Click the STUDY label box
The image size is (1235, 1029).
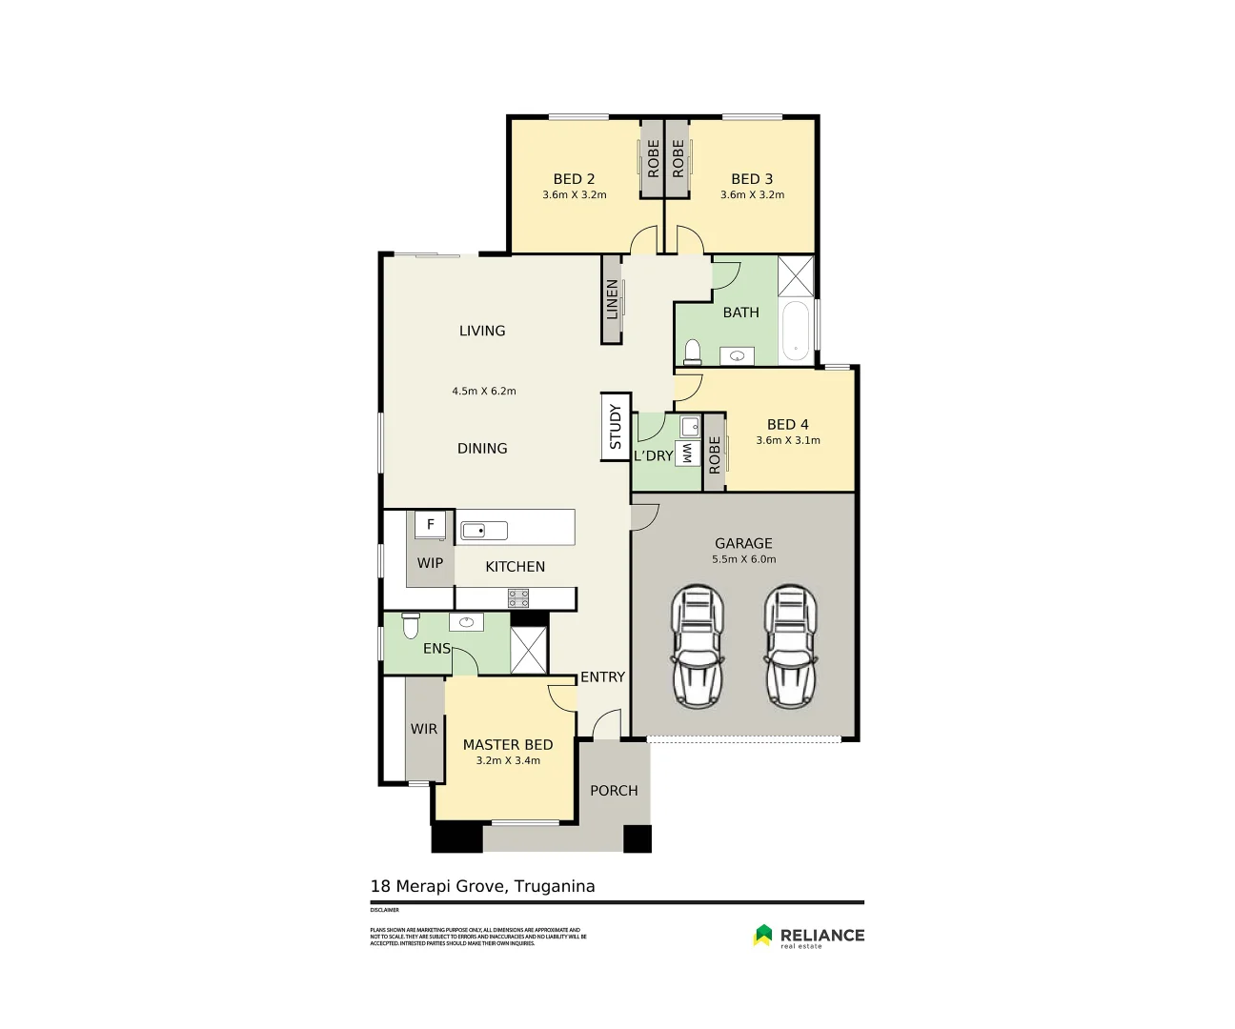pyautogui.click(x=615, y=427)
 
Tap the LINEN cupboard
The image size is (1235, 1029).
pyautogui.click(x=612, y=299)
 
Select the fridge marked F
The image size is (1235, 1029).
pyautogui.click(x=430, y=525)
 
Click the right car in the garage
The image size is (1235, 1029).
pyautogui.click(x=790, y=647)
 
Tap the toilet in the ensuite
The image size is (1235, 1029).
pyautogui.click(x=410, y=626)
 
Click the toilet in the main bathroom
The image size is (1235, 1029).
pyautogui.click(x=693, y=352)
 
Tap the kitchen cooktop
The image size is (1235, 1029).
pyautogui.click(x=517, y=598)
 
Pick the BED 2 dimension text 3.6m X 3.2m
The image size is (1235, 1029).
pyautogui.click(x=574, y=195)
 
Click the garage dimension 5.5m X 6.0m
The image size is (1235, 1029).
pyautogui.click(x=743, y=559)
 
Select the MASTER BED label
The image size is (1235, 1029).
pyautogui.click(x=507, y=745)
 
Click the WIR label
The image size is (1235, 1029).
pyautogui.click(x=424, y=729)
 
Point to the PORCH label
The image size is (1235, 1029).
pyautogui.click(x=614, y=791)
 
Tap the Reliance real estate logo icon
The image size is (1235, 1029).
pyautogui.click(x=762, y=936)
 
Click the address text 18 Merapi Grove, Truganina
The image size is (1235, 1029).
pyautogui.click(x=482, y=886)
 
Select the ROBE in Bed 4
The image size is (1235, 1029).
pyautogui.click(x=715, y=454)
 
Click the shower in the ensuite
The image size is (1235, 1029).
pyautogui.click(x=529, y=651)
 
